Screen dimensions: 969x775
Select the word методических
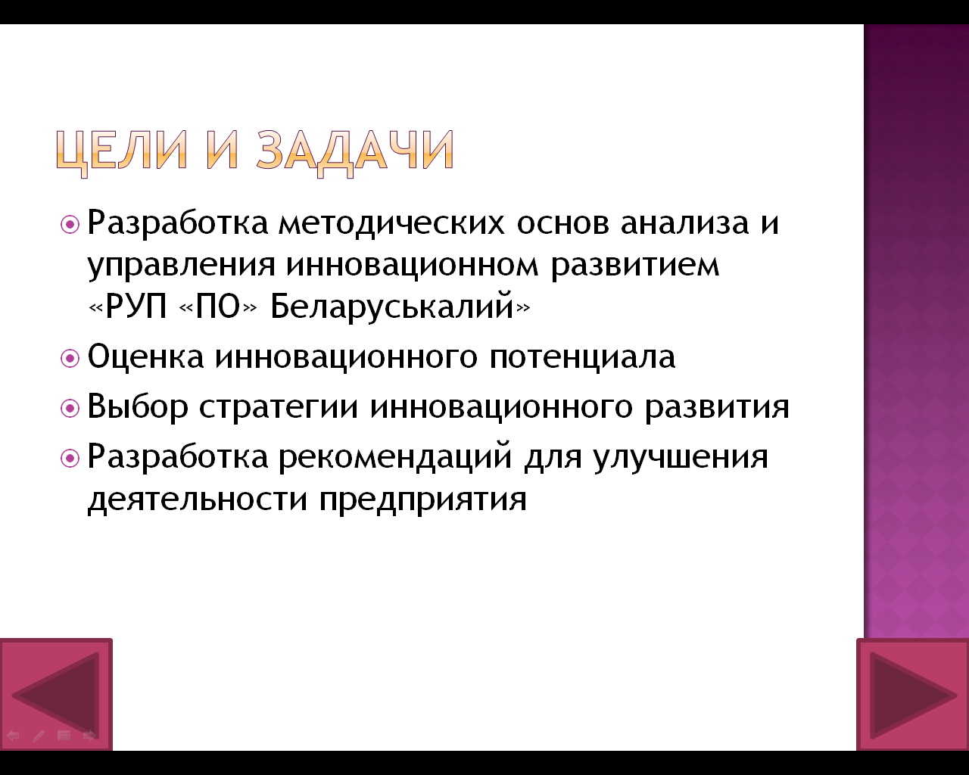391,223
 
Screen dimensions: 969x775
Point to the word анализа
684,223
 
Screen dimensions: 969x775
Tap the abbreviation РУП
136,307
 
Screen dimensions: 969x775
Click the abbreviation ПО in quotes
218,307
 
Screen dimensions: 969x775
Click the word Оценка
145,356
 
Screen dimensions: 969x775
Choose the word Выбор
137,407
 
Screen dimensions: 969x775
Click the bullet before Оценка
70,359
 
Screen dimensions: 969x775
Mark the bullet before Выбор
70,409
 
